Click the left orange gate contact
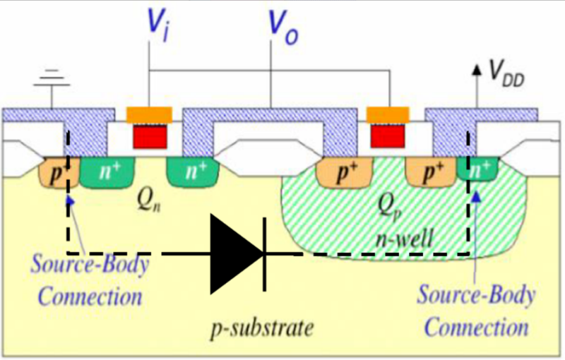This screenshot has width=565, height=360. coord(148,114)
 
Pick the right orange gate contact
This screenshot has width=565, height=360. coord(388,114)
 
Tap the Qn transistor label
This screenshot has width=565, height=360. coord(143,200)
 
